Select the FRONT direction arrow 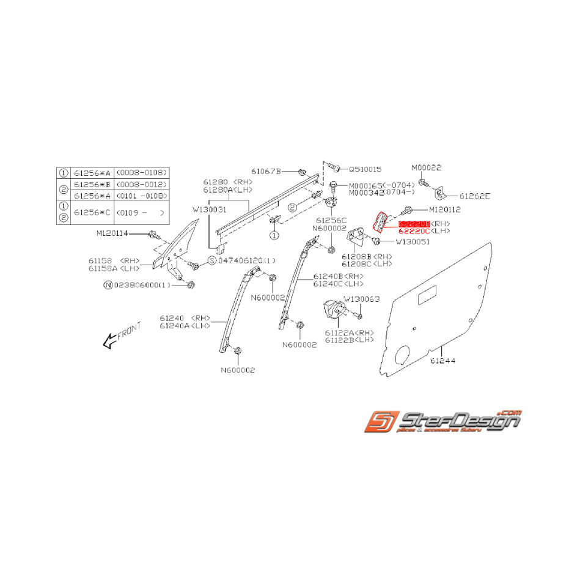pos(122,336)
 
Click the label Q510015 pos(365,169)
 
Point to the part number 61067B pos(266,171)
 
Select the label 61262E pos(475,196)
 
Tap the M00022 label pos(426,167)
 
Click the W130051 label pos(413,241)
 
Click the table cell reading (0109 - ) pos(141,213)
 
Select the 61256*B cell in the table pos(90,184)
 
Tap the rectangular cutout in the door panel pos(425,300)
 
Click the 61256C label pos(331,219)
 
